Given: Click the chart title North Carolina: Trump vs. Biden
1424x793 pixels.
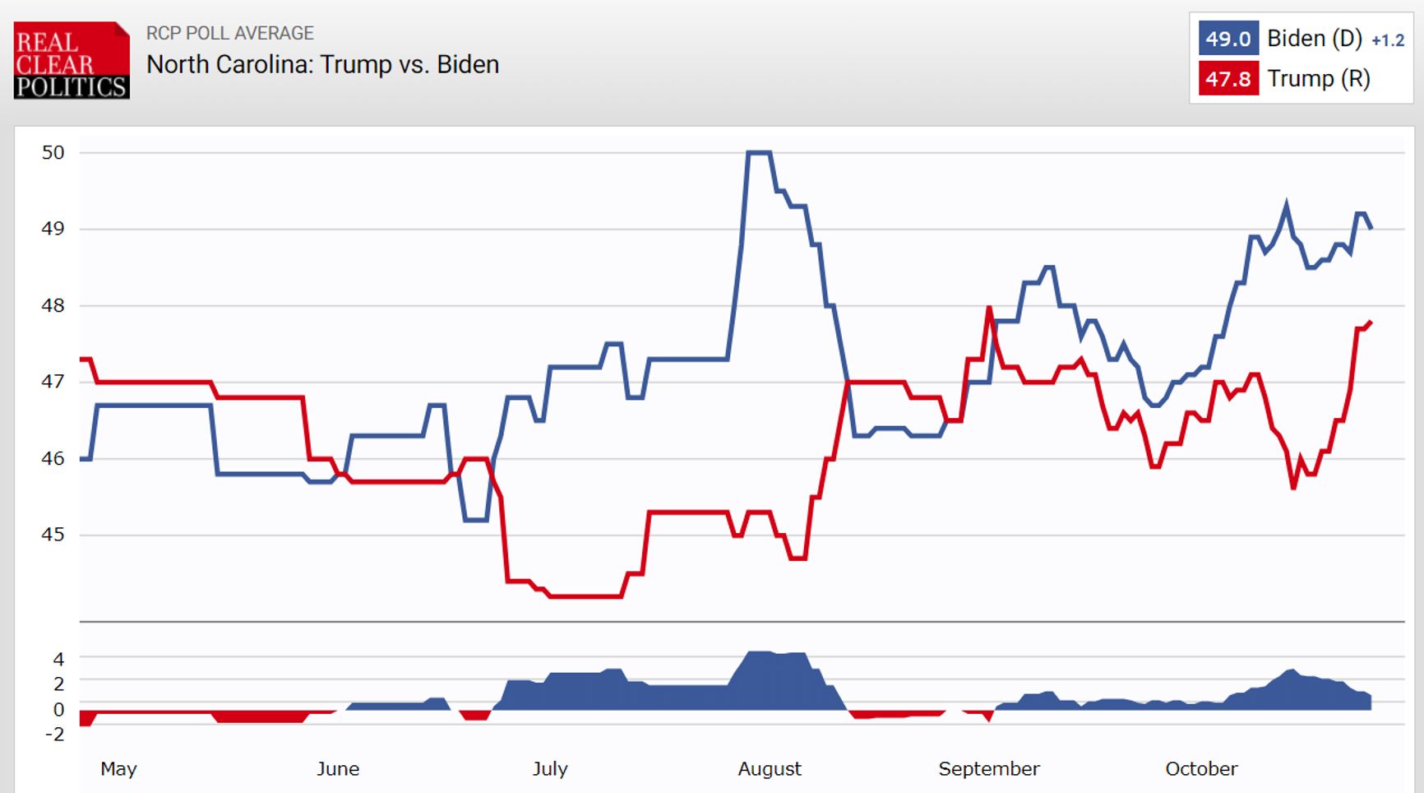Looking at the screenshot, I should [x=322, y=65].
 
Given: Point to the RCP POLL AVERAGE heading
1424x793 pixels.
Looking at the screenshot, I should [x=229, y=33].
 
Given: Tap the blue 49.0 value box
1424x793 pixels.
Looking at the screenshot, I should [x=1228, y=39].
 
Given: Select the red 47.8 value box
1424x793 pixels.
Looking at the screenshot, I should [x=1228, y=79].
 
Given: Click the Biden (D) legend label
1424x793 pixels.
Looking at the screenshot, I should [x=1314, y=39].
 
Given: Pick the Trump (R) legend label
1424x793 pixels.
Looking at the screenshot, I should [x=1318, y=79].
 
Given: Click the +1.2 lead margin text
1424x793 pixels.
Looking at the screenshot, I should [x=1388, y=40].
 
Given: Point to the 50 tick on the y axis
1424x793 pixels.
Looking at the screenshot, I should [x=53, y=152].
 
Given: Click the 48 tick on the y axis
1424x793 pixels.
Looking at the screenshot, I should [x=53, y=306].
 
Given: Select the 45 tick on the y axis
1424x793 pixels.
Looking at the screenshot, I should [x=53, y=535].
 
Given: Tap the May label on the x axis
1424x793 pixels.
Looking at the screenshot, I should [x=118, y=769].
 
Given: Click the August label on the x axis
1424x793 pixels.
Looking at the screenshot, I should [x=769, y=769].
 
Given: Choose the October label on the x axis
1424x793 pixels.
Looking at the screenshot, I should [x=1200, y=769].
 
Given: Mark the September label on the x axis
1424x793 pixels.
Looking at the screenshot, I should [x=988, y=769].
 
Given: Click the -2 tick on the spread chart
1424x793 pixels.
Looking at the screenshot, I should [x=53, y=734].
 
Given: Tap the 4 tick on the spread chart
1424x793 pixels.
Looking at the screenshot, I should [x=58, y=659].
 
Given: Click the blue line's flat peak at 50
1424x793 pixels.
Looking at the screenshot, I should [x=758, y=152].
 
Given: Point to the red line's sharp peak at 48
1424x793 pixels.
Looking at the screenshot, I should [x=989, y=308].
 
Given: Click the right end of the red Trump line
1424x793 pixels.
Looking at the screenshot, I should [x=1370, y=322].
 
